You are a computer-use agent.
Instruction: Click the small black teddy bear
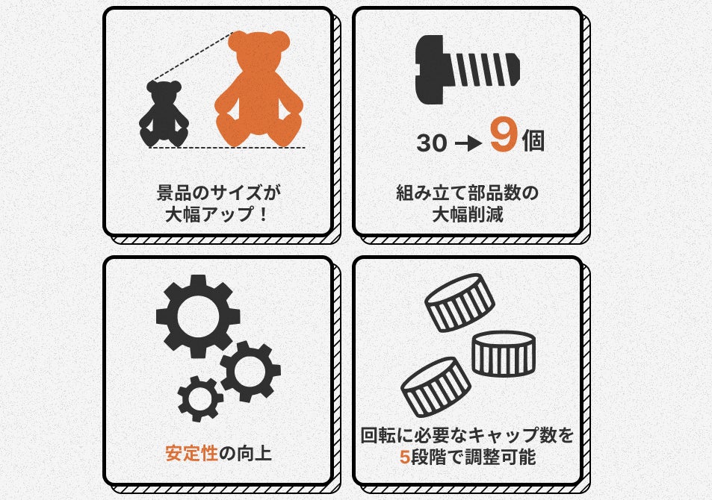point(164,114)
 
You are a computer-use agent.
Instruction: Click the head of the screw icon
point(430,69)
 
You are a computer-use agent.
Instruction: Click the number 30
point(431,143)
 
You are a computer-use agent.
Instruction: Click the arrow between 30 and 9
point(468,144)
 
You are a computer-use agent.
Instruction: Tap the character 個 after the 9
point(533,141)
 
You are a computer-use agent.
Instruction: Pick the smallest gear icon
point(200,399)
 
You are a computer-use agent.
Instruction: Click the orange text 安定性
point(191,453)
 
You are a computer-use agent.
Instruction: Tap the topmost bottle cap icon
point(459,302)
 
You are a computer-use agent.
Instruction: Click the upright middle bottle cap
point(504,354)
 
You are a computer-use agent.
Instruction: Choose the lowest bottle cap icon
point(436,387)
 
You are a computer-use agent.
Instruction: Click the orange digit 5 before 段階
point(405,457)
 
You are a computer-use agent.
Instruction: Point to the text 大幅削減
point(468,214)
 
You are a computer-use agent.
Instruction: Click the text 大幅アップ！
point(218,214)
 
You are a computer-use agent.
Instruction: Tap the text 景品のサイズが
point(219,193)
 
